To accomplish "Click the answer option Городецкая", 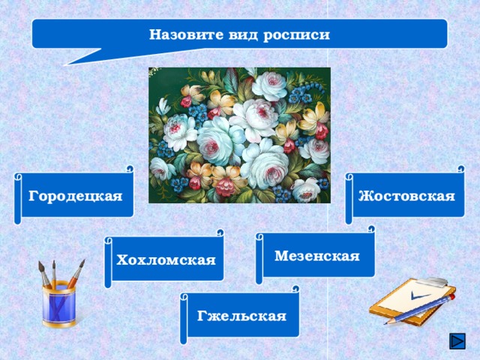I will tap(75, 196).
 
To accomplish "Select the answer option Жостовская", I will tap(406, 196).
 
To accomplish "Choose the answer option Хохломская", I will tap(166, 259).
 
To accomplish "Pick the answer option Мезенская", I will tap(317, 256).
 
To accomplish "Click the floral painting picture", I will tap(239, 135).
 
